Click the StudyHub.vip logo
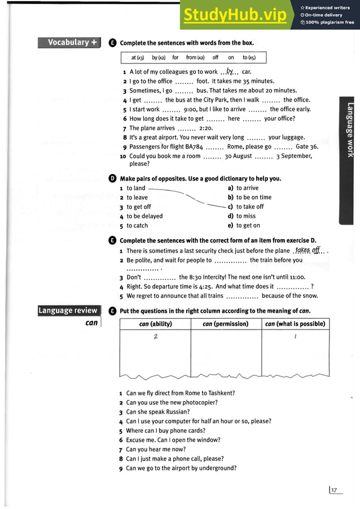(x=234, y=17)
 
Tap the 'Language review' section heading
(x=68, y=310)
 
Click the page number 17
(x=336, y=490)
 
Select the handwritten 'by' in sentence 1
(x=229, y=71)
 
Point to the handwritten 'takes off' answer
(x=308, y=249)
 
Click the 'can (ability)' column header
(x=155, y=324)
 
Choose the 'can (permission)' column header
(x=226, y=324)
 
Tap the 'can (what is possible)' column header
(x=295, y=324)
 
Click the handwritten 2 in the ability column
(x=155, y=337)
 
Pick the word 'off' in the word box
(x=216, y=58)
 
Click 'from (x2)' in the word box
(x=195, y=58)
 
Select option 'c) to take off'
(x=245, y=207)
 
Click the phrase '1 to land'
(x=133, y=188)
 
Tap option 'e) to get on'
(x=244, y=226)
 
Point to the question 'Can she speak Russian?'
(x=157, y=412)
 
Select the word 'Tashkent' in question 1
(x=220, y=393)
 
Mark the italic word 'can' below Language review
(x=91, y=323)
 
